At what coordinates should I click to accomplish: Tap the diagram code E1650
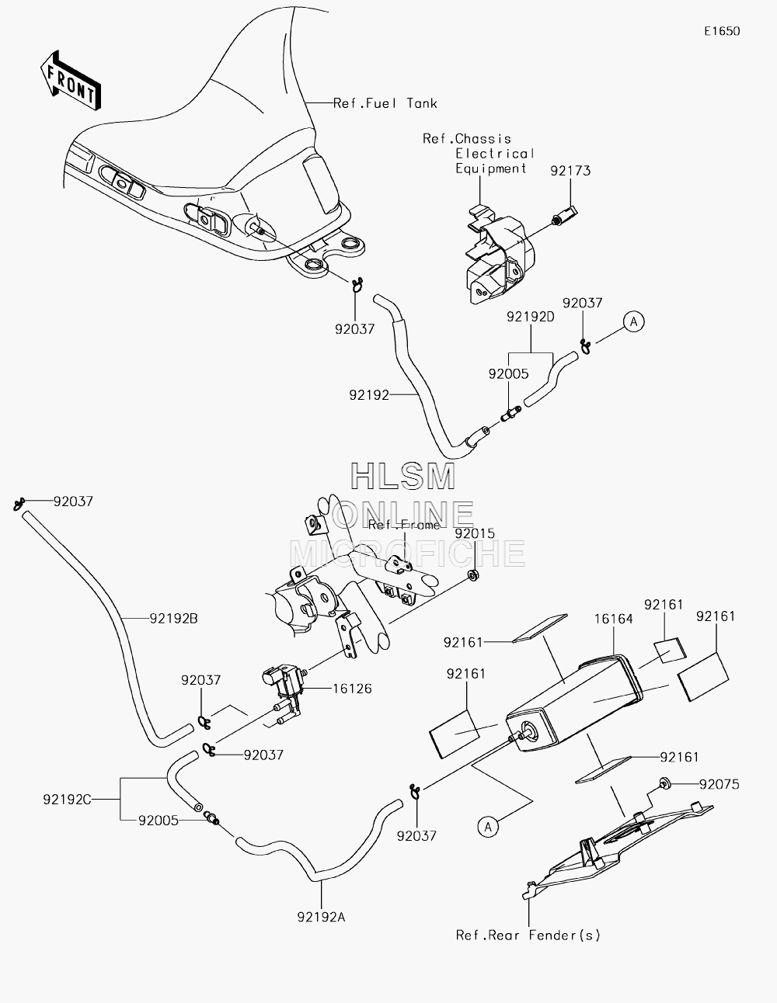(722, 31)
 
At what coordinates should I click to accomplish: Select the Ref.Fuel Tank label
(385, 103)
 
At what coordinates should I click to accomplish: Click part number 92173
(570, 172)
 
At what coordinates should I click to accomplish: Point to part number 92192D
(531, 317)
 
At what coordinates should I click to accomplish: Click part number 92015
(475, 533)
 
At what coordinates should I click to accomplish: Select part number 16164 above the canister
(613, 619)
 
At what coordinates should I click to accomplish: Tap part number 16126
(353, 689)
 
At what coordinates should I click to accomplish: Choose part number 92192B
(174, 619)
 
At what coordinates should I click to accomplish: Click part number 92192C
(68, 800)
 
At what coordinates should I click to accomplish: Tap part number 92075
(720, 785)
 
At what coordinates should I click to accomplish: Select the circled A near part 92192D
(634, 321)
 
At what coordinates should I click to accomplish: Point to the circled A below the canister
(488, 827)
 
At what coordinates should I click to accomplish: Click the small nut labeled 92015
(473, 575)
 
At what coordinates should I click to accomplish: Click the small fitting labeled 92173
(564, 215)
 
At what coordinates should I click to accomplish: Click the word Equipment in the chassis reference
(491, 169)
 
